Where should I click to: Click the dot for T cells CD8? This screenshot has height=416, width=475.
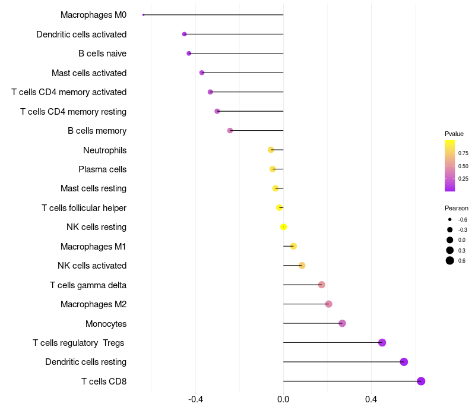(421, 381)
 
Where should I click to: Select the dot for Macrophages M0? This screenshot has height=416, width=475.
(143, 14)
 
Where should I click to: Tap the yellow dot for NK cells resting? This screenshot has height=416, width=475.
(283, 227)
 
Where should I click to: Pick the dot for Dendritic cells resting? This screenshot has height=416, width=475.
(404, 362)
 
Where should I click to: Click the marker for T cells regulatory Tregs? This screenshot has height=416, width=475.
(382, 343)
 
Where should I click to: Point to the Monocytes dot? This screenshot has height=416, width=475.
(342, 323)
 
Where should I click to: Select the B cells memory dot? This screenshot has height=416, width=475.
(230, 130)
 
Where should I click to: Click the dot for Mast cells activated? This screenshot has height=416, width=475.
(202, 73)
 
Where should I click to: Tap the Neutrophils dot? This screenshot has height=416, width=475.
(271, 150)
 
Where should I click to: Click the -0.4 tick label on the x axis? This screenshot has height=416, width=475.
(195, 399)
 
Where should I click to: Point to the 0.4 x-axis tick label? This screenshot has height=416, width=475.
(371, 399)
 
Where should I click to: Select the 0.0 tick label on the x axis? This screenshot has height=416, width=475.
(283, 399)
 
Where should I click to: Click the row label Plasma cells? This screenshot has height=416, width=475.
(102, 169)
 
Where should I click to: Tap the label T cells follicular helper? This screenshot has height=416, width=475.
(84, 208)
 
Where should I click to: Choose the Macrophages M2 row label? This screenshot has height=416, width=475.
(93, 304)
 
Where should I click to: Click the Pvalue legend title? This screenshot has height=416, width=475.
(454, 134)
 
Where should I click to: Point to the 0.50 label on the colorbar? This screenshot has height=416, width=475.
(463, 166)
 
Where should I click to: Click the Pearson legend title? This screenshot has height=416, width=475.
(456, 208)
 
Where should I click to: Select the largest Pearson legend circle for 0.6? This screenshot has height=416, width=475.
(450, 260)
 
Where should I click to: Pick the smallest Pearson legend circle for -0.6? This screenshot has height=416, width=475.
(450, 219)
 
